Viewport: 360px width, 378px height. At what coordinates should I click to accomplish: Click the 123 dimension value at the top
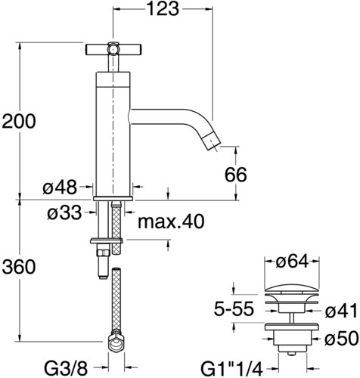coord(163,9)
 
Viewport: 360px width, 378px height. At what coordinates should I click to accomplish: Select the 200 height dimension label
coord(19,122)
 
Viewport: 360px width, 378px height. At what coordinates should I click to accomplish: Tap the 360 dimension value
coord(19,267)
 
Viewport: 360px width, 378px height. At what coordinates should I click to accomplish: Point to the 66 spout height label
coord(236,175)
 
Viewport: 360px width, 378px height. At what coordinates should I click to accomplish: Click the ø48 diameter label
coord(60,187)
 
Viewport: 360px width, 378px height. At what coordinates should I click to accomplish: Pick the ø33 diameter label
coord(64,213)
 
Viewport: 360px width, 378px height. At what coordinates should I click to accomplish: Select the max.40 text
coord(171,222)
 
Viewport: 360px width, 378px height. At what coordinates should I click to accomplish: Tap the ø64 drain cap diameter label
coord(292,262)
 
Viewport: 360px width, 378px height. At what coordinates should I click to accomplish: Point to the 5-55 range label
coord(234,308)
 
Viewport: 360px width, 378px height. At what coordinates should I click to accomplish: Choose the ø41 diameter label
coord(341,311)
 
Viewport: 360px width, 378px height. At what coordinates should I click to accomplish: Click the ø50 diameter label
coord(341,339)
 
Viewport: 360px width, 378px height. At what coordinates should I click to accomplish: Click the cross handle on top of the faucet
coord(113,49)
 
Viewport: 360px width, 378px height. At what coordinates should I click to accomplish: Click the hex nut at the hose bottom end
coord(116,342)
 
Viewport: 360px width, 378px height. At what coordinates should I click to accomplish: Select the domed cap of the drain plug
coord(291,290)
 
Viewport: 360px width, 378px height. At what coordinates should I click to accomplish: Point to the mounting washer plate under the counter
coord(107,241)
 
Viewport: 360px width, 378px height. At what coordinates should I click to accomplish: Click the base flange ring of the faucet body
coord(113,199)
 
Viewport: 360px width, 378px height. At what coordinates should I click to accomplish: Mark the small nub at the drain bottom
coord(291,354)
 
